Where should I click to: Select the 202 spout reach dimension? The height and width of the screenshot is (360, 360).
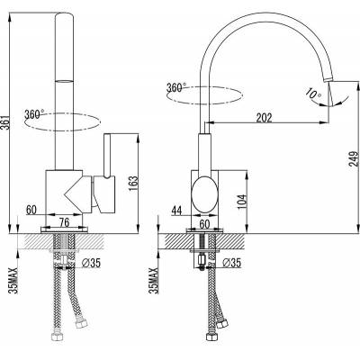tap(264, 118)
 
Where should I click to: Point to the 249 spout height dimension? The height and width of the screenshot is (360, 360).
tap(355, 158)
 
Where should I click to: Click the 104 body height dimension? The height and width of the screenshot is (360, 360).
tap(243, 202)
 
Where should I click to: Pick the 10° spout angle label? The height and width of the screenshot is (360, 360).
tap(312, 94)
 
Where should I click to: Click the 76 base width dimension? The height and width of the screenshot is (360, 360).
tap(64, 223)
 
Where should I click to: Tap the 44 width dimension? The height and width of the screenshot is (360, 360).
tap(176, 211)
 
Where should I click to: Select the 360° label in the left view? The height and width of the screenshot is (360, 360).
tap(34, 114)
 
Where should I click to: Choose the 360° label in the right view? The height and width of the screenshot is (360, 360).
tap(176, 88)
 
